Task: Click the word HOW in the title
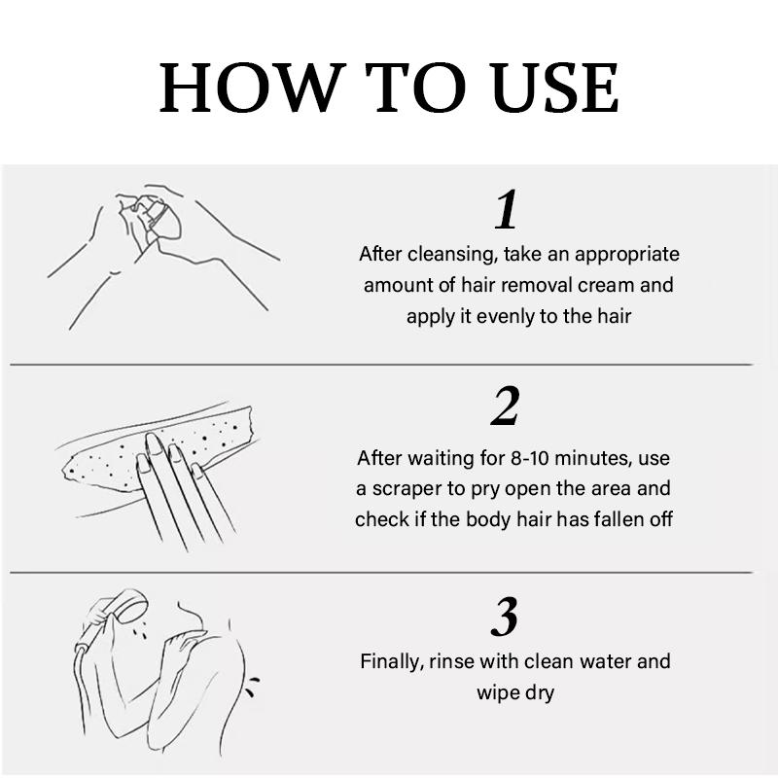coord(253,88)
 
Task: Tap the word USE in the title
coord(554,88)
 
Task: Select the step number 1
coord(507,209)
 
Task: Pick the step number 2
coord(506,406)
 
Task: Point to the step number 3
coord(505,617)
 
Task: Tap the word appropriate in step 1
coord(626,255)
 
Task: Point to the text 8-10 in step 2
coord(529,458)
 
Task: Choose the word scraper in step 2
coord(407,490)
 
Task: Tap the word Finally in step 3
coord(392,662)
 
